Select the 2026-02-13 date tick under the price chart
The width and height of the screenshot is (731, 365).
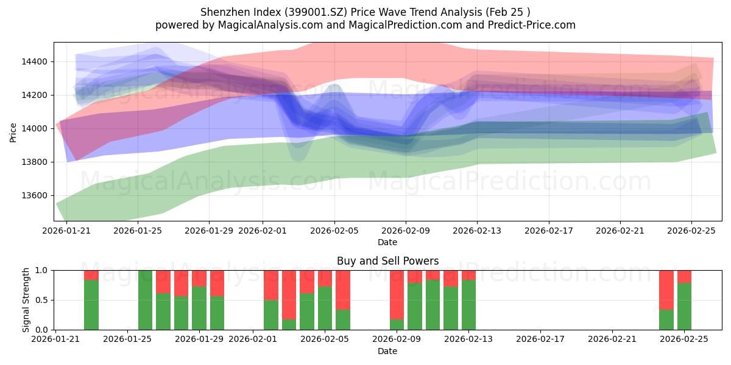(477, 231)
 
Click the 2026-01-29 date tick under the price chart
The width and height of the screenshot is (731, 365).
(209, 231)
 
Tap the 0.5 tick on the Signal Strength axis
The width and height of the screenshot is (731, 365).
(42, 300)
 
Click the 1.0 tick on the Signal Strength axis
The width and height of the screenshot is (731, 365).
(42, 270)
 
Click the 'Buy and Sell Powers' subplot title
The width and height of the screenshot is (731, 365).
(387, 261)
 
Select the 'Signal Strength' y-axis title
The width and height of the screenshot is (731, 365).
(26, 300)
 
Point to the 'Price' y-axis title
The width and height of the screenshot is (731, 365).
(13, 131)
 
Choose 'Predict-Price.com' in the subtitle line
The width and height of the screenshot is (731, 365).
(535, 25)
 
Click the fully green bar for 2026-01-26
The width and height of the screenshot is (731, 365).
(145, 300)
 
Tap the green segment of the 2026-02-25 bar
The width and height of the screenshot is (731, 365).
(684, 306)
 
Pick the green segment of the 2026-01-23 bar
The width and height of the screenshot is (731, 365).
(91, 305)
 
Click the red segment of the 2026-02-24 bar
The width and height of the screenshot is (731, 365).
(666, 290)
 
